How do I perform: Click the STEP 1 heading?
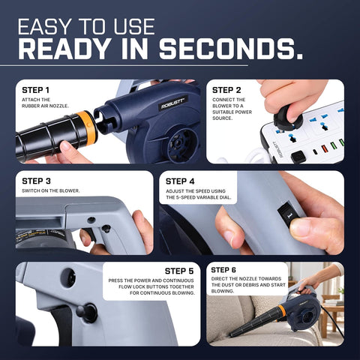[x=35, y=90]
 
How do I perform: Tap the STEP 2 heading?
[x=226, y=90]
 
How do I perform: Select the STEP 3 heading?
[x=36, y=181]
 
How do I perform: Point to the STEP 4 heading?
[x=180, y=181]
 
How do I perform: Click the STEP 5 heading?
[x=179, y=271]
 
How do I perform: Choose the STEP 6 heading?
[x=223, y=270]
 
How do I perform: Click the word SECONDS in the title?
[x=231, y=49]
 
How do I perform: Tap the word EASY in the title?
[x=44, y=26]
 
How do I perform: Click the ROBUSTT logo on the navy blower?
[x=172, y=103]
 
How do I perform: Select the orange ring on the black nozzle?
[x=88, y=127]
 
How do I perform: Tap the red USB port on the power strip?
[x=325, y=149]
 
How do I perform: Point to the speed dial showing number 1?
[x=289, y=216]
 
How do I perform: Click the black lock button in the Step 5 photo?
[x=87, y=313]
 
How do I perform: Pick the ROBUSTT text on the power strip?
[x=277, y=149]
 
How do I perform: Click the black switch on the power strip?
[x=298, y=157]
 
